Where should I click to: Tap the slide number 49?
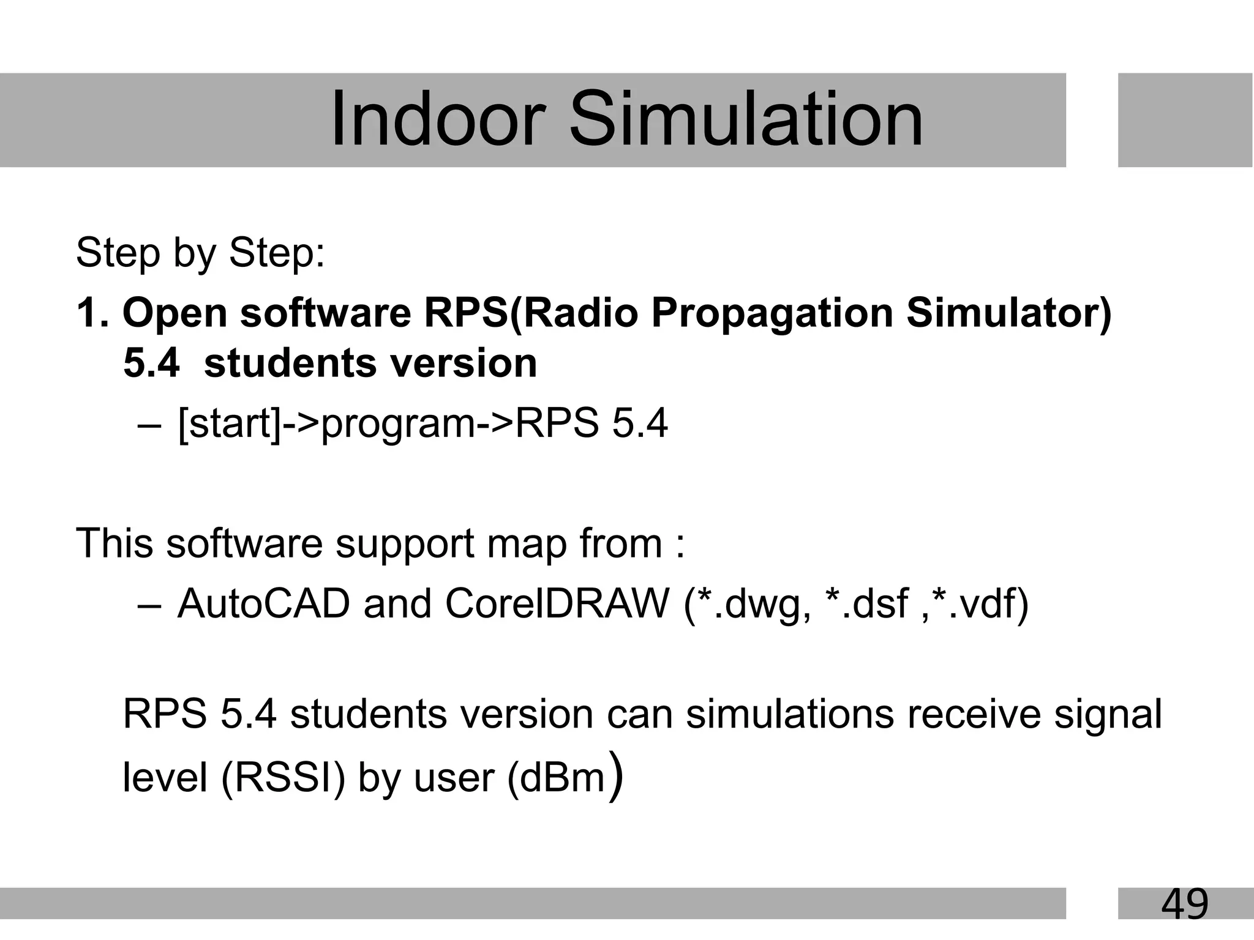(1184, 904)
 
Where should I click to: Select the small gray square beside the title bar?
(1185, 120)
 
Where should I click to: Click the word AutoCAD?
(263, 604)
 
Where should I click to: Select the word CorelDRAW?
(557, 604)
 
